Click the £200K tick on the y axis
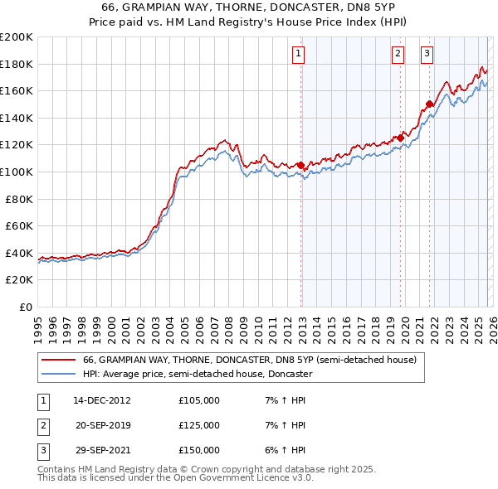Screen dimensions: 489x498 [17, 36]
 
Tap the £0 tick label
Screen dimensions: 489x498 [27, 307]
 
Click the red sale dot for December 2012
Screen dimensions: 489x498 [300, 165]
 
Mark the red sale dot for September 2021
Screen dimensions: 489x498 [429, 104]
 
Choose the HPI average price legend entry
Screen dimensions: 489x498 [197, 375]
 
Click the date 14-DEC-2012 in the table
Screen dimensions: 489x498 [102, 400]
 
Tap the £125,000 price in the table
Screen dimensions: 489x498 [198, 425]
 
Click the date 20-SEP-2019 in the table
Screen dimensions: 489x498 [102, 425]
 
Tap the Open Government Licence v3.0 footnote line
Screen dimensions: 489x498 [175, 477]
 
